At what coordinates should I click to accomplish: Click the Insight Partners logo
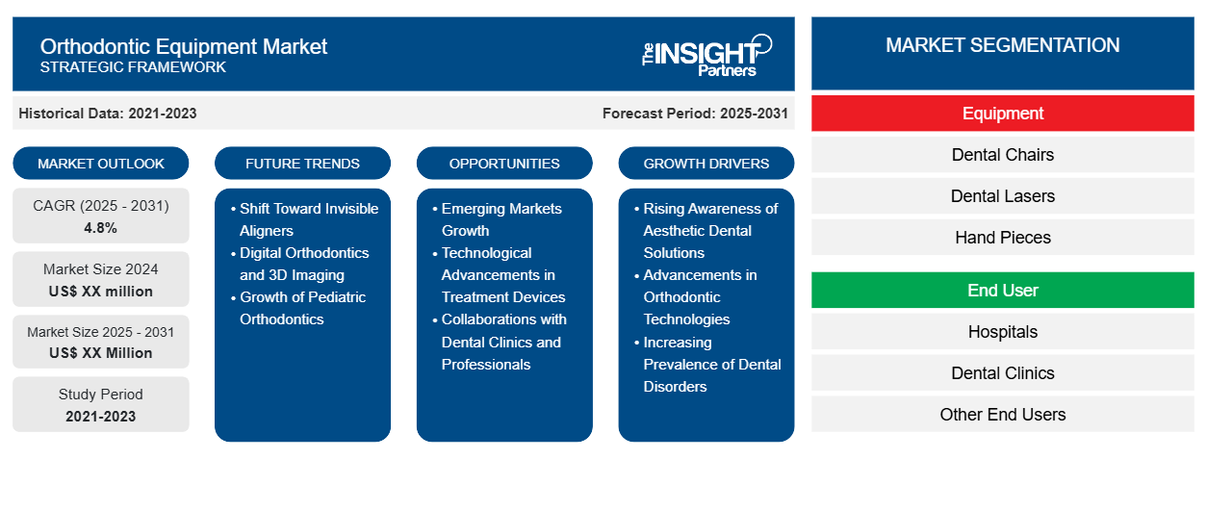pos(706,54)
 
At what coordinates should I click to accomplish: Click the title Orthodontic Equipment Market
pos(184,46)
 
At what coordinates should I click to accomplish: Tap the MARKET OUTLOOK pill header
pos(101,164)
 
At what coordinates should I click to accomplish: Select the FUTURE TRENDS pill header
pos(302,164)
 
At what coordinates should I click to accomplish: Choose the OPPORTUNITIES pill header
pos(504,164)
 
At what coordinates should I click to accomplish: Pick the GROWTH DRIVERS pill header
pos(706,164)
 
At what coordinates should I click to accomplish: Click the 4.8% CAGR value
pos(101,228)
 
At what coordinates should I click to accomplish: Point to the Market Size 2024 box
pos(101,279)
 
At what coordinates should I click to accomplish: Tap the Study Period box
pos(101,404)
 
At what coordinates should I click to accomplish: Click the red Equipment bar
pos(1002,114)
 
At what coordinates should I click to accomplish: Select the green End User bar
pos(1002,290)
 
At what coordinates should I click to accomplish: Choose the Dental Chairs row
pos(1002,155)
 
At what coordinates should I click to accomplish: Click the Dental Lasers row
pos(1002,196)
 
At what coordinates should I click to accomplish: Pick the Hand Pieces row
pos(1002,238)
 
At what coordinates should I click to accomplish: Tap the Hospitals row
pos(1002,332)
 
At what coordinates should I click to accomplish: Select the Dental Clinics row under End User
pos(1002,373)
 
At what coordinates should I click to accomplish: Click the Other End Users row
pos(1002,415)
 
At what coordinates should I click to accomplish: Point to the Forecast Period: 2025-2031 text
pos(695,114)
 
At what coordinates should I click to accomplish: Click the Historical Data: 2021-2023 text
pos(108,114)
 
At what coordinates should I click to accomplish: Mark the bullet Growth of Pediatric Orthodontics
pos(302,308)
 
